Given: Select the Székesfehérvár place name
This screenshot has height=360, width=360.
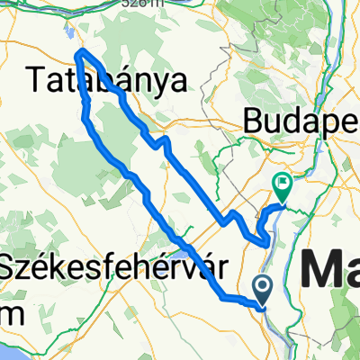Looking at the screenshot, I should point(112,268).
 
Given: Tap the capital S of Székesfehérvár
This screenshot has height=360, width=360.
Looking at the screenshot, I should point(10,268).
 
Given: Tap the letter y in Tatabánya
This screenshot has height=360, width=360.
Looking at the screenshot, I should point(168,85).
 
